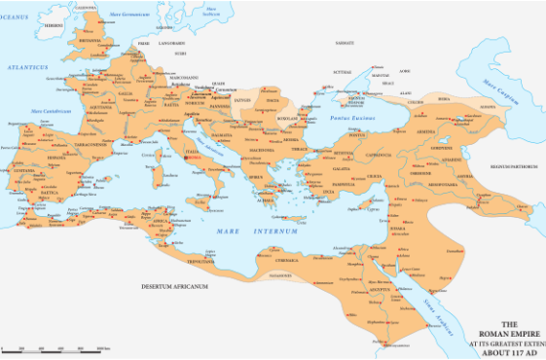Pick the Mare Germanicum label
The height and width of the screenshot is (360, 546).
tap(129, 13)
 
